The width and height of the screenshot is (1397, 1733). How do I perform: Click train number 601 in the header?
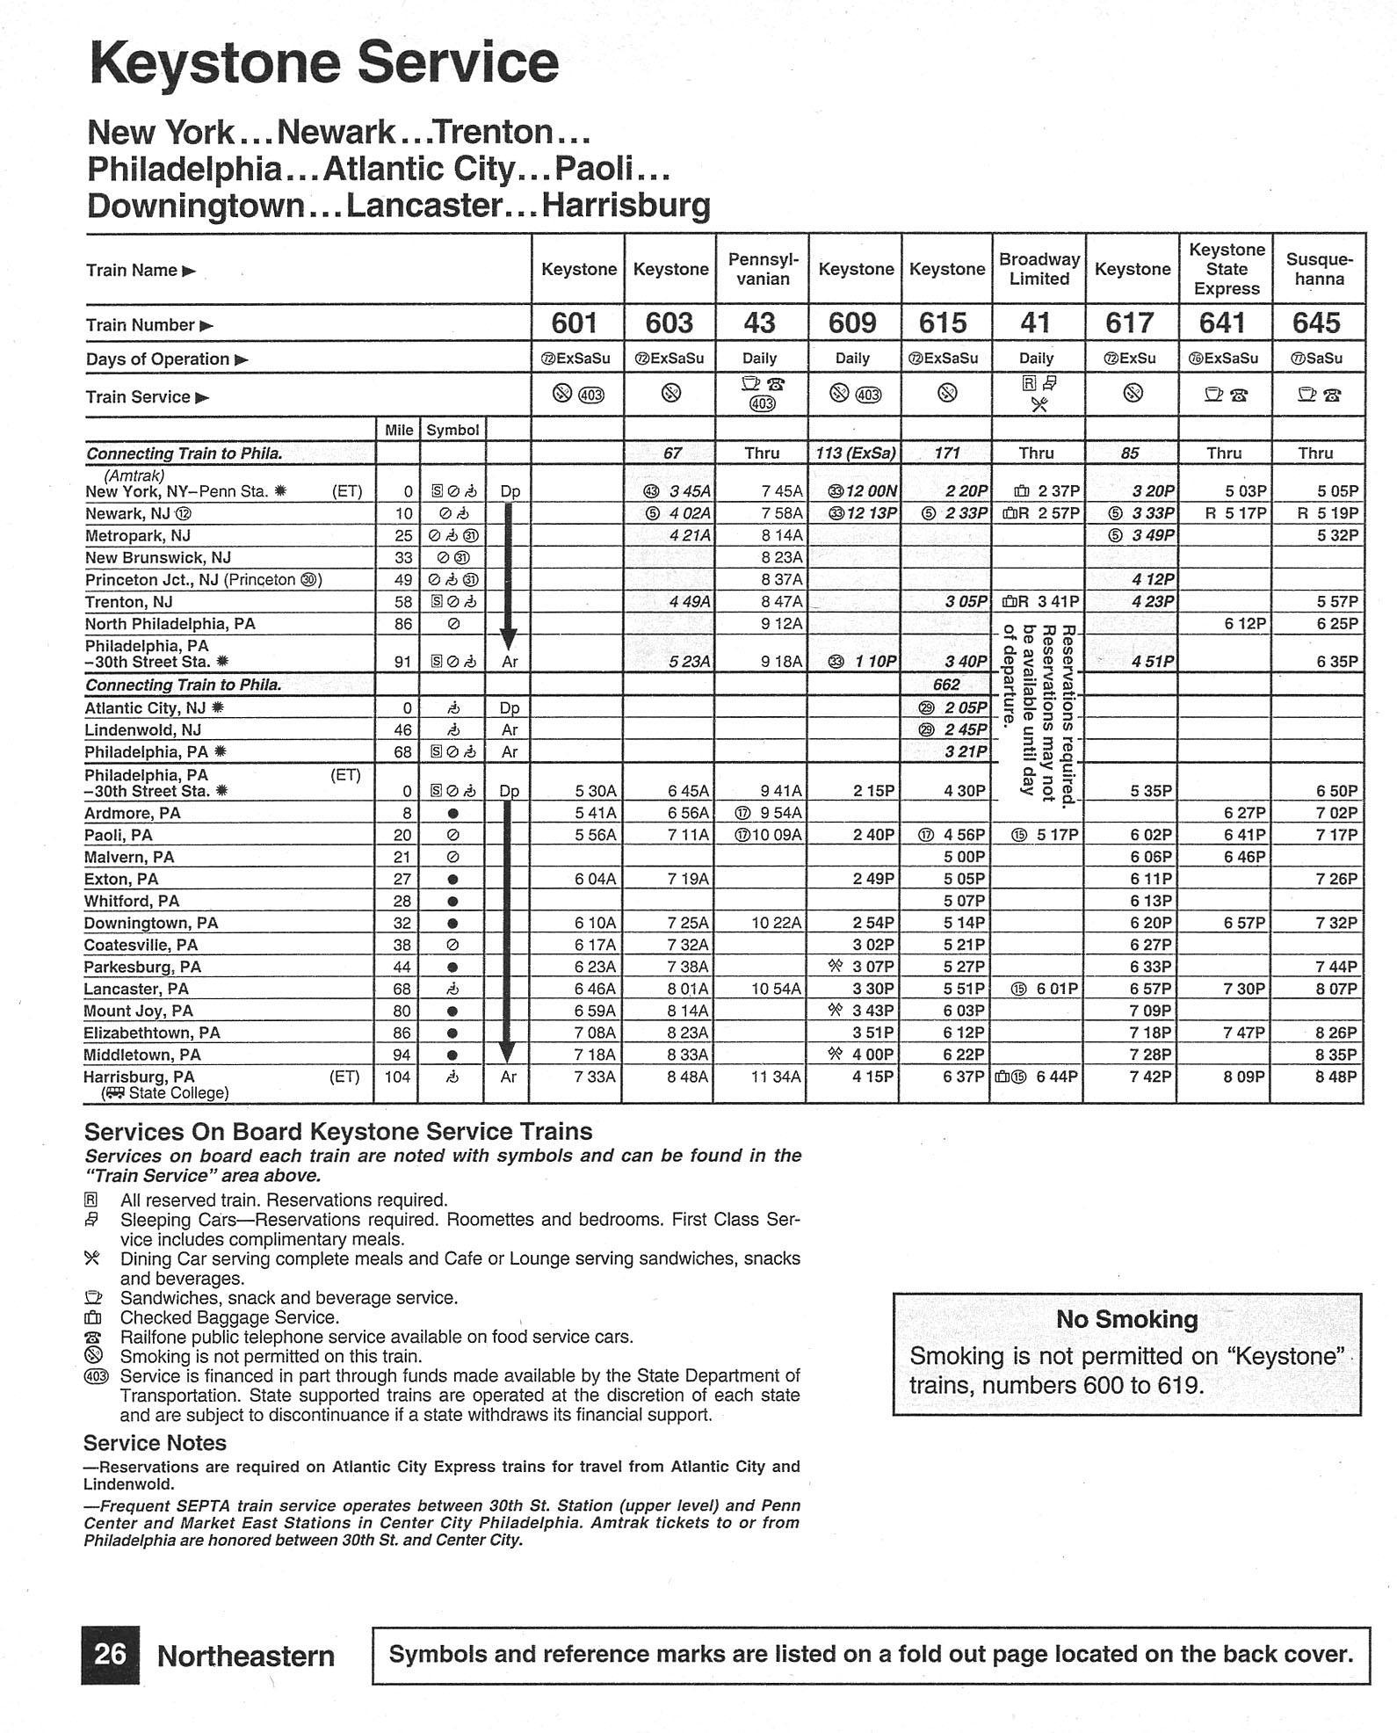click(x=575, y=323)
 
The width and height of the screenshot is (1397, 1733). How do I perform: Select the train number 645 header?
click(x=1316, y=323)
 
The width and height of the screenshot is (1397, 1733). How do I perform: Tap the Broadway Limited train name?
click(x=1039, y=269)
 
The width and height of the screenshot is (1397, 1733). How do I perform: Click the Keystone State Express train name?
click(x=1226, y=269)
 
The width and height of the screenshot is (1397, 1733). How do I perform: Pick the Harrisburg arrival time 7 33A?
click(x=595, y=1077)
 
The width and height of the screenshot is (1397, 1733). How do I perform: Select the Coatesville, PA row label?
click(x=141, y=945)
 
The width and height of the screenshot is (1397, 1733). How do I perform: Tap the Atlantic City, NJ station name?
click(x=145, y=707)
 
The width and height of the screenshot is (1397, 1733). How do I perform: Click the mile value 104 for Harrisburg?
click(x=397, y=1077)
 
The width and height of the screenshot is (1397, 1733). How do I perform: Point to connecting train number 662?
click(x=946, y=685)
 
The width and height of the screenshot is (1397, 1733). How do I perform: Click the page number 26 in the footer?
click(x=111, y=1655)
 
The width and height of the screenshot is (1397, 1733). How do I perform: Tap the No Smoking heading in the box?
click(x=1126, y=1319)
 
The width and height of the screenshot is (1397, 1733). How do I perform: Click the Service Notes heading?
click(x=155, y=1443)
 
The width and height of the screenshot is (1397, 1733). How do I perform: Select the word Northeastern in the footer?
click(x=246, y=1657)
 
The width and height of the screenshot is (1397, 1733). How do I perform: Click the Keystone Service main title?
click(x=324, y=63)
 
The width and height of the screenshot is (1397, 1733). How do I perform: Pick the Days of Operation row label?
click(x=158, y=359)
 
